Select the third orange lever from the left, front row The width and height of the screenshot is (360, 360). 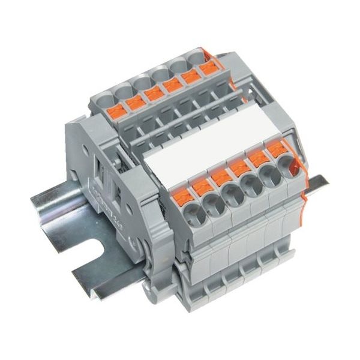pyautogui.click(x=220, y=175)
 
